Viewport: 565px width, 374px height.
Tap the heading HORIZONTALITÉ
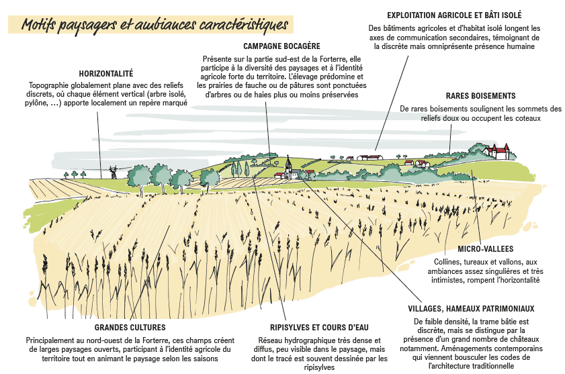click(106, 73)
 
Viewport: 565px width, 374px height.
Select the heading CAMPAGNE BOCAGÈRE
click(281, 46)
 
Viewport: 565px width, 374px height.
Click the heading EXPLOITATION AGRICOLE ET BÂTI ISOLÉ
click(455, 14)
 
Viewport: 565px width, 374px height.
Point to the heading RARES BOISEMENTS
click(480, 96)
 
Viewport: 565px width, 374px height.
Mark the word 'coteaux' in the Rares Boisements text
click(526, 118)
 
